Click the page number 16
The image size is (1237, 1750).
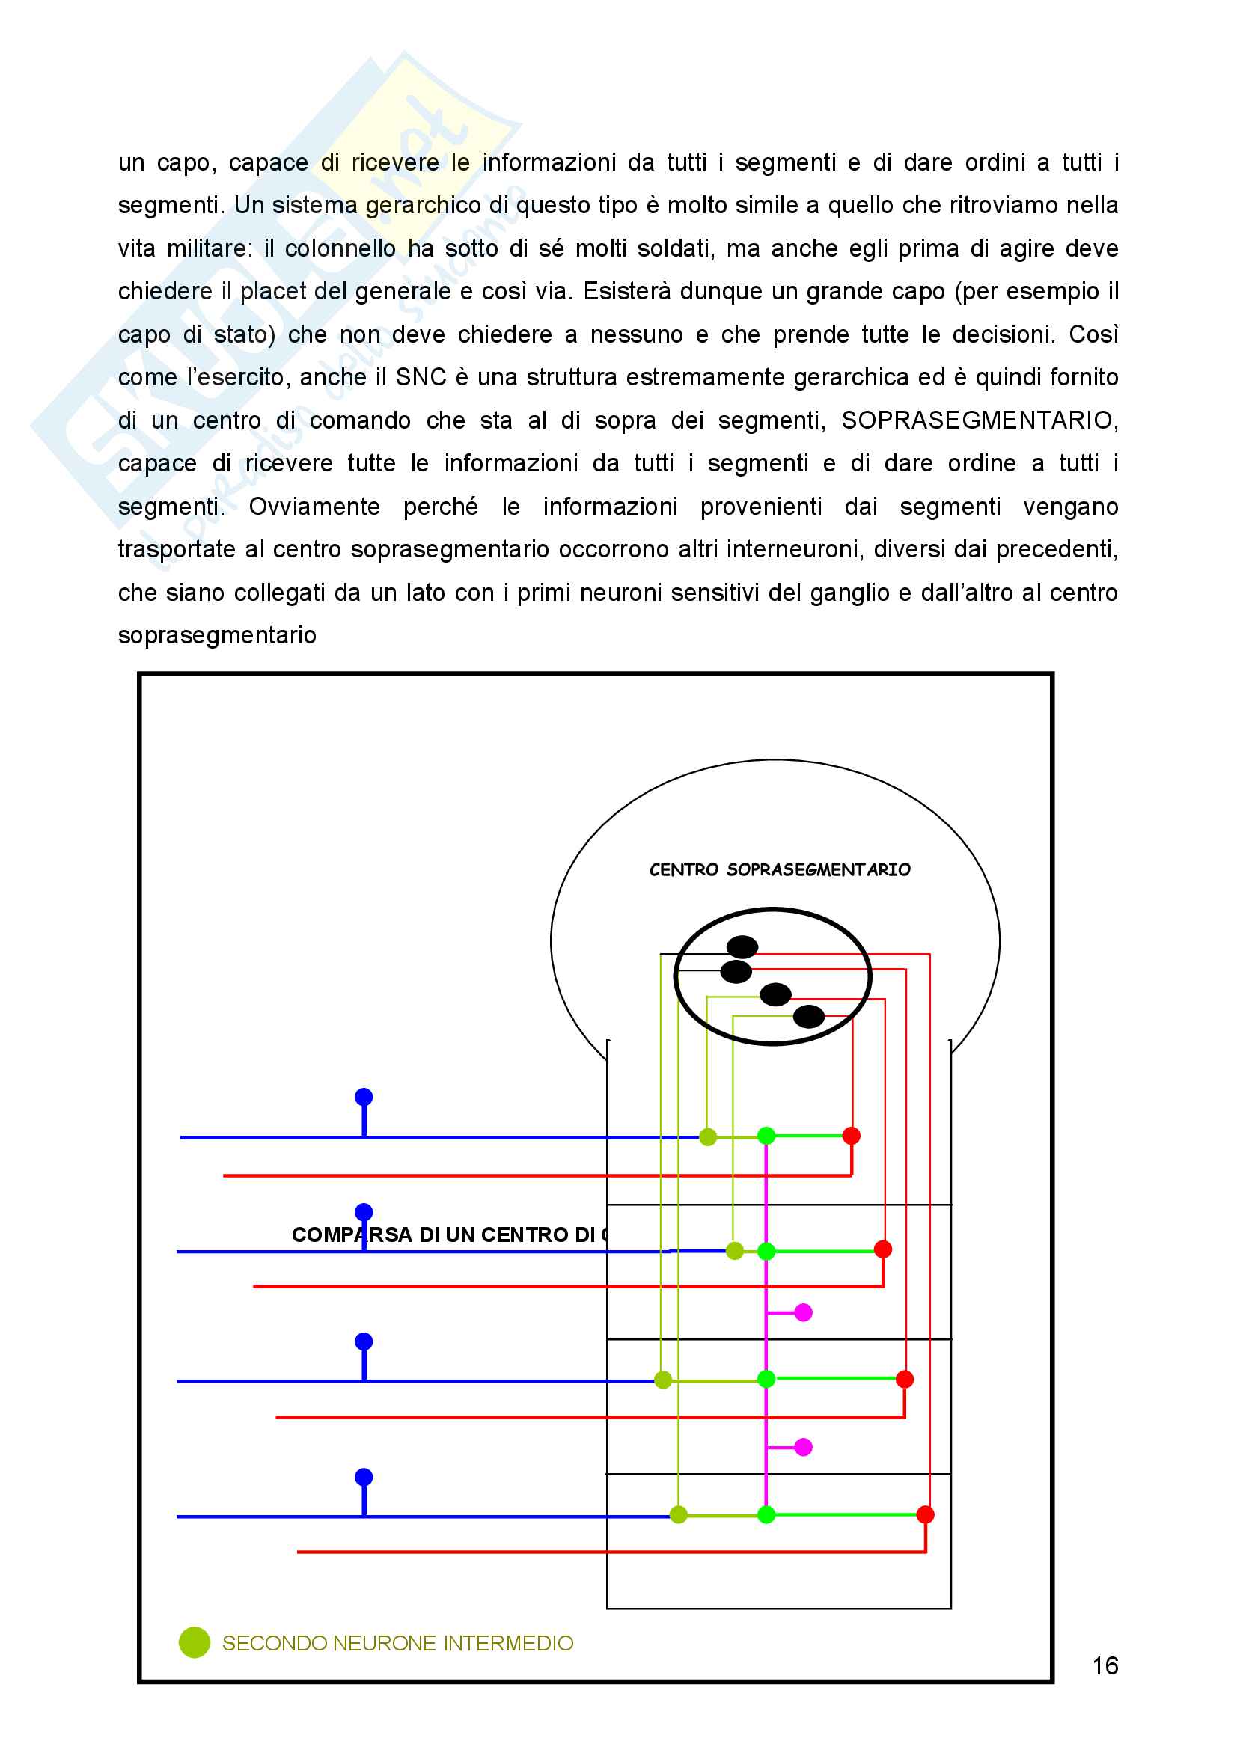coord(1105,1665)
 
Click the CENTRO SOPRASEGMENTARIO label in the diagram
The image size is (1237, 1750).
coord(780,869)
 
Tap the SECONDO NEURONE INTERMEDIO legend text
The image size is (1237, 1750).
coord(397,1642)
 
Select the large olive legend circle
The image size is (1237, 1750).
coord(195,1642)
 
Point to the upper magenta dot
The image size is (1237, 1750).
coord(803,1312)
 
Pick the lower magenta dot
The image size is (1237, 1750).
coord(803,1447)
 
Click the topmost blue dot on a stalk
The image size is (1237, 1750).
coord(364,1097)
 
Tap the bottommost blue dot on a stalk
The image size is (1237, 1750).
coord(364,1477)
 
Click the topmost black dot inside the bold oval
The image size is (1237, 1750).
coord(742,946)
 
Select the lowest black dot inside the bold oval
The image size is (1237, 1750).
coord(809,1016)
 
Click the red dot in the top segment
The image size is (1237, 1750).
coord(852,1136)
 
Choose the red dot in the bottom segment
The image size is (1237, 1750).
coord(925,1514)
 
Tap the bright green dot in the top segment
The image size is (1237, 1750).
coord(766,1136)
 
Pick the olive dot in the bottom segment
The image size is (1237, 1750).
coord(678,1514)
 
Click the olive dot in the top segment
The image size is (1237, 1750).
coord(708,1137)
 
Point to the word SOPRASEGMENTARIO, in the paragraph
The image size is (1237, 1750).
coord(979,420)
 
